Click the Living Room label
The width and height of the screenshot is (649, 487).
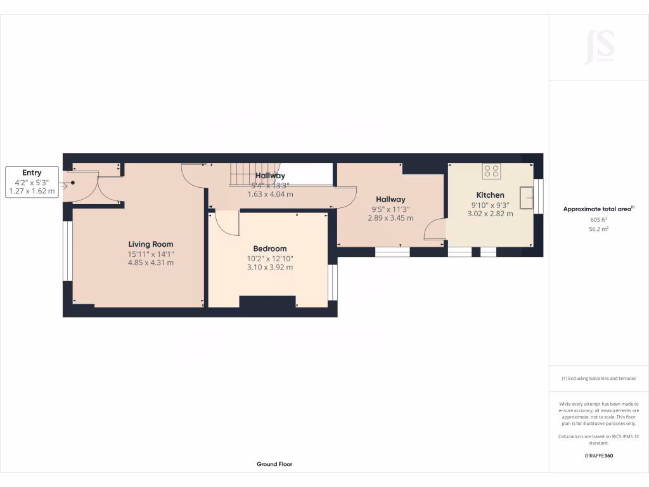[151, 244]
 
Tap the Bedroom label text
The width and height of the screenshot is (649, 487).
[270, 249]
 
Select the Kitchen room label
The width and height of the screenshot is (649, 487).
[490, 195]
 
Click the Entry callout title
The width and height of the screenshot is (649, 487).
[32, 172]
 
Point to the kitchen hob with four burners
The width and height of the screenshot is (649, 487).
[491, 171]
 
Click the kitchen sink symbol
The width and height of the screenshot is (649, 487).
[527, 198]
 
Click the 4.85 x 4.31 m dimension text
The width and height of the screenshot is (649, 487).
[151, 263]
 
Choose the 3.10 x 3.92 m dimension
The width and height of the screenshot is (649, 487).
[270, 267]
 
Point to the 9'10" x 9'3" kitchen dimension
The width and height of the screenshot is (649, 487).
[490, 205]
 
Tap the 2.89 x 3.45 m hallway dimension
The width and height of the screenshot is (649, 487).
[390, 218]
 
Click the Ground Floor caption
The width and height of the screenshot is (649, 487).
[274, 464]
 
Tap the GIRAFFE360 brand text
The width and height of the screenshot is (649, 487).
[598, 456]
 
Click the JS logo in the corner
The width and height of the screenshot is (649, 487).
[598, 47]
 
